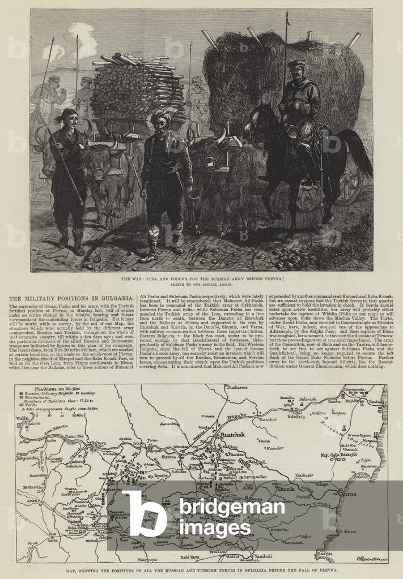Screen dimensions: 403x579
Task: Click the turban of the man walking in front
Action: pos(161,117)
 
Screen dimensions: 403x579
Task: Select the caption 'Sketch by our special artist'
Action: pos(201,285)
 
